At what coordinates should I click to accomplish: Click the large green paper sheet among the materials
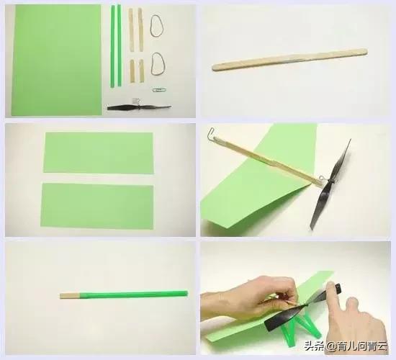point(57,60)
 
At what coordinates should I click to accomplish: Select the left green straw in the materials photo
point(112,46)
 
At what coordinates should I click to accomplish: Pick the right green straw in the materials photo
point(120,45)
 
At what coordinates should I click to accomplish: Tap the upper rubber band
point(157,26)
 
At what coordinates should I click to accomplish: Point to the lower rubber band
point(158,64)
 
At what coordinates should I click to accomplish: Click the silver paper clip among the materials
point(159,90)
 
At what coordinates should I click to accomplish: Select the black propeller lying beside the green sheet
point(139,107)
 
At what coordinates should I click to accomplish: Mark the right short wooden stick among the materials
point(141,71)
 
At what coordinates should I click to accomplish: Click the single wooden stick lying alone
point(289,59)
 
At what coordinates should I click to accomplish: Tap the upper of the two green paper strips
point(99,153)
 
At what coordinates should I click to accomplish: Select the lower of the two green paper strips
point(97,206)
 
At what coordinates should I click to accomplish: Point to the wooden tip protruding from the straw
point(70,296)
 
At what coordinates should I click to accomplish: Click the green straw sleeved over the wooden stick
point(134,294)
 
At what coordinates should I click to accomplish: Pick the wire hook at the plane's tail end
point(212,133)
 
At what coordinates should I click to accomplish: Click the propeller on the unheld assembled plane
point(330,183)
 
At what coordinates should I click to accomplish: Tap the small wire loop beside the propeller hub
point(322,179)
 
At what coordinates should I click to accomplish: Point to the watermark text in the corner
point(346,346)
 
